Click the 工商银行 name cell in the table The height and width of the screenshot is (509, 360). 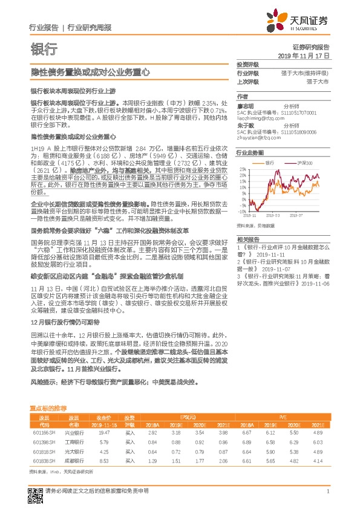point(74,443)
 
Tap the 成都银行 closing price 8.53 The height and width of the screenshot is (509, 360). point(103,461)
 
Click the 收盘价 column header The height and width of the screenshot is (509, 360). point(103,418)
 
